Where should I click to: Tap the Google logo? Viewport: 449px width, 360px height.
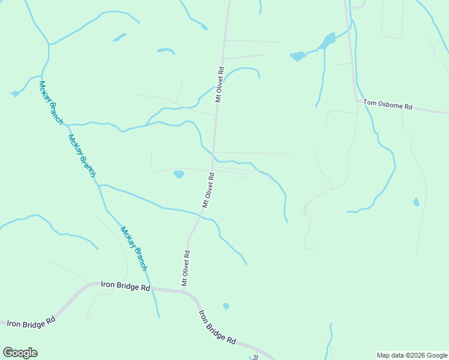tap(20, 353)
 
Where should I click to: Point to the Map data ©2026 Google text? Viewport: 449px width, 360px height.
tap(412, 355)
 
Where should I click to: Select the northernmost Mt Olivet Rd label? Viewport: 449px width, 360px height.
tap(219, 85)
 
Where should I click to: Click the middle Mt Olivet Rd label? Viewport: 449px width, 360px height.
tap(208, 190)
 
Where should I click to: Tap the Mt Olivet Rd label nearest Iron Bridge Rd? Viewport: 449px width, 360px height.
tap(186, 268)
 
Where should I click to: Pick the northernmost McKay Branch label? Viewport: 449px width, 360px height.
tap(50, 102)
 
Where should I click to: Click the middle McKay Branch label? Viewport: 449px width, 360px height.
tap(82, 155)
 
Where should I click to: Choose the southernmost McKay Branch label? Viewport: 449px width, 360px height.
tap(133, 247)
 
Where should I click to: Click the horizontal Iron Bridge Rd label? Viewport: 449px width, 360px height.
tap(125, 287)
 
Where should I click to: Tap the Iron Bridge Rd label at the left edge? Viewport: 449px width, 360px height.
tap(30, 323)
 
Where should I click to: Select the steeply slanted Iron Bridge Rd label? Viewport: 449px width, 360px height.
tap(217, 327)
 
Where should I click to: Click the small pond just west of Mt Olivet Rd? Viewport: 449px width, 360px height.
tap(178, 175)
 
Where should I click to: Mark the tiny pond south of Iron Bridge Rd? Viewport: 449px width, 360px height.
tap(226, 306)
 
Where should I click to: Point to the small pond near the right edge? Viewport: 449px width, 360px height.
tap(416, 202)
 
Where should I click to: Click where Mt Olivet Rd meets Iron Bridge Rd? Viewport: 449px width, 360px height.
tap(184, 292)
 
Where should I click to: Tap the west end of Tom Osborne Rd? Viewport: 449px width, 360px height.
tap(359, 101)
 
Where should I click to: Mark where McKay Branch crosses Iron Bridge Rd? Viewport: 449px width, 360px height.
tap(150, 288)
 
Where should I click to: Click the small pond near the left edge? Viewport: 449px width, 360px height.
tap(15, 94)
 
